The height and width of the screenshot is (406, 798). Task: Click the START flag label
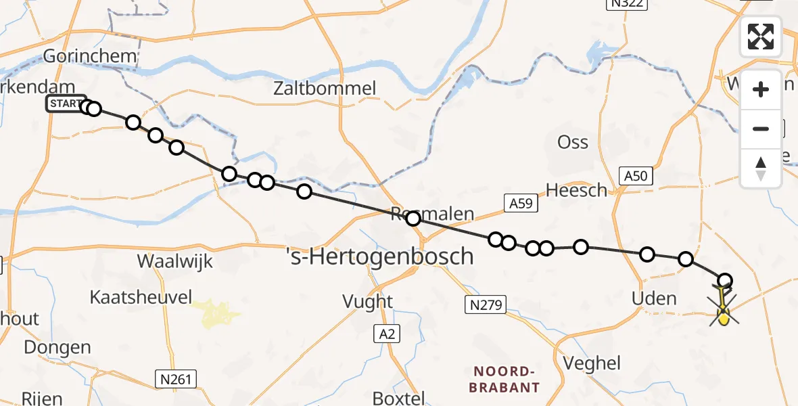(66, 104)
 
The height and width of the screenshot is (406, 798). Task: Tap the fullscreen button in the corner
(761, 37)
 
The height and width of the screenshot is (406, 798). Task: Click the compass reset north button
(761, 168)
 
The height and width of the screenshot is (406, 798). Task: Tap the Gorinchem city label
(91, 55)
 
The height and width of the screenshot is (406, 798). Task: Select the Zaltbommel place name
(325, 88)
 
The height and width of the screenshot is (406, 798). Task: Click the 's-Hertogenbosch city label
(379, 256)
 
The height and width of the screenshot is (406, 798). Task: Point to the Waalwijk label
(175, 261)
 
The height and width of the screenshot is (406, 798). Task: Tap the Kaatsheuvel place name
(141, 296)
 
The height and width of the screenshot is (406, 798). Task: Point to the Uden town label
(653, 298)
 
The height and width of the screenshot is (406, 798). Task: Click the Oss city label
(573, 142)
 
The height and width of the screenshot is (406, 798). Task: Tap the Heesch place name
(577, 191)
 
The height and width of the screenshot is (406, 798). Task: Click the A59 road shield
(521, 202)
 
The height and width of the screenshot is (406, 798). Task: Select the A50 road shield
(636, 177)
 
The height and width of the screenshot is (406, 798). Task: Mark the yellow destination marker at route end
(723, 315)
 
